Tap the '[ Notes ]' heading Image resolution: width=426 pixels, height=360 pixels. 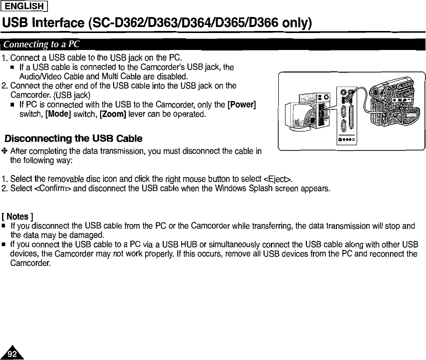tap(18, 216)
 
